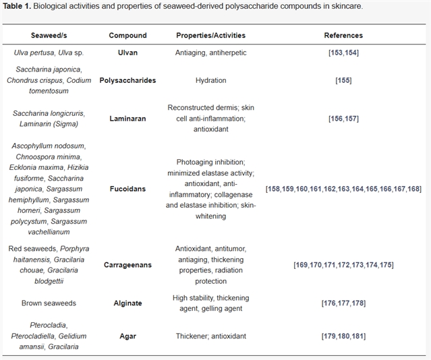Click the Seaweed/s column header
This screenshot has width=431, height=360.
(48, 35)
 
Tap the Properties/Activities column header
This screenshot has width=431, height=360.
(210, 35)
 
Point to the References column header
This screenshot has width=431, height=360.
(343, 35)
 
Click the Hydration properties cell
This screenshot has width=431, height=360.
(210, 80)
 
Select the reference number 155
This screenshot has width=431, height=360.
(343, 80)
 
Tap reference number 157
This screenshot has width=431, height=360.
(351, 118)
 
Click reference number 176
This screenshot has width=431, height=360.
(328, 303)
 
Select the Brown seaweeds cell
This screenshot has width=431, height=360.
(48, 303)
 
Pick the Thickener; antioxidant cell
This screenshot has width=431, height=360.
(210, 336)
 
